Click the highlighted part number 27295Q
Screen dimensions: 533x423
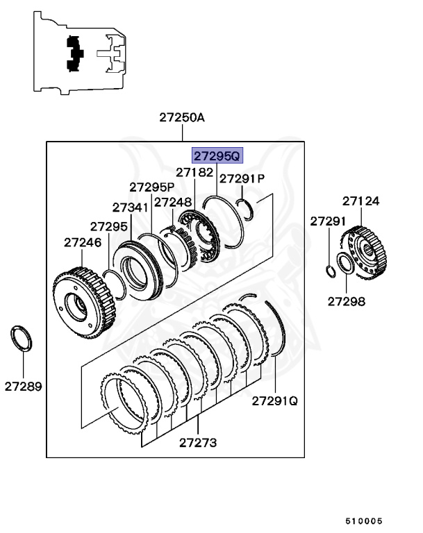[x=217, y=157]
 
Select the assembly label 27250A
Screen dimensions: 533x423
[x=182, y=117]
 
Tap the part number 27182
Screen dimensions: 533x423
[x=194, y=171]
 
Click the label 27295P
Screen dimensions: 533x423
[x=151, y=187]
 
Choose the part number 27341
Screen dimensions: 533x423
[x=131, y=208]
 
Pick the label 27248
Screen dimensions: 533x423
[x=172, y=202]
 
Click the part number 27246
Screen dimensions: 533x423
[x=83, y=242]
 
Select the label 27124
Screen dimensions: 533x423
[x=360, y=201]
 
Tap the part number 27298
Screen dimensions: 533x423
[x=346, y=301]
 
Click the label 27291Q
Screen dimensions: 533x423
[x=274, y=400]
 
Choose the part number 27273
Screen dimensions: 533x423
[x=198, y=442]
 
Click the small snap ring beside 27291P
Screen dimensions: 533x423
[x=246, y=205]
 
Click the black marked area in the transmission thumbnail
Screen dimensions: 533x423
[x=74, y=53]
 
